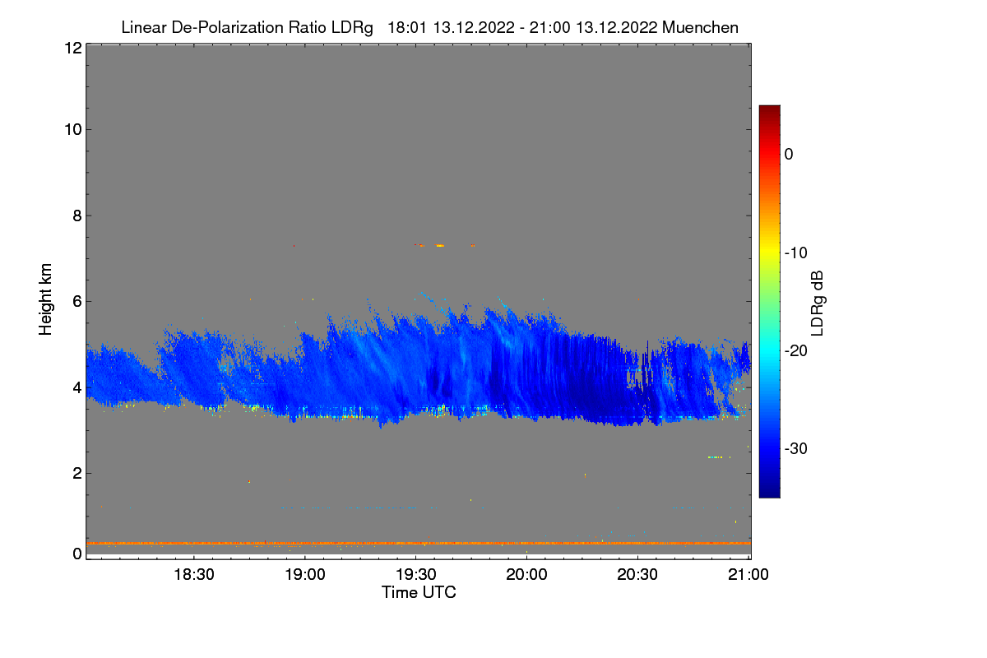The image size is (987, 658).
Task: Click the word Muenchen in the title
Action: point(700,27)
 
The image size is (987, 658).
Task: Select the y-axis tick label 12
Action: point(72,48)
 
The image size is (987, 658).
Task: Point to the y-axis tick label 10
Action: point(72,129)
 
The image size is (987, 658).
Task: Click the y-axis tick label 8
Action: point(76,215)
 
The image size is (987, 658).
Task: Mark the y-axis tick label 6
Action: point(76,301)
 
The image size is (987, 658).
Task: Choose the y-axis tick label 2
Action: point(76,473)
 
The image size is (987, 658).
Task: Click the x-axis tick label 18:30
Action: point(194,575)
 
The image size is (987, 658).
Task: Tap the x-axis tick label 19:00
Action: point(305,575)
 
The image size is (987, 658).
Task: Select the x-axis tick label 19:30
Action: point(416,575)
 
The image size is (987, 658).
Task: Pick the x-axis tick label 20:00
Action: point(527,575)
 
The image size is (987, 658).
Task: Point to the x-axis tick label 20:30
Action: point(638,575)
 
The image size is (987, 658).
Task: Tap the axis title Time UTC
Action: point(419,592)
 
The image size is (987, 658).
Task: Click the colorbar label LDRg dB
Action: point(818,301)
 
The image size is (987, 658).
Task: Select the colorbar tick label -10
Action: point(796,253)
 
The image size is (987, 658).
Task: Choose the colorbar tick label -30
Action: point(796,449)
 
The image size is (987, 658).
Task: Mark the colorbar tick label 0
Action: point(789,154)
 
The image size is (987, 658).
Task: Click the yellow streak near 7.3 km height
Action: point(440,245)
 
